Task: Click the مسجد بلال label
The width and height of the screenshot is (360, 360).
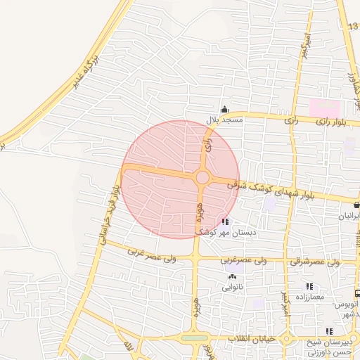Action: coord(224,120)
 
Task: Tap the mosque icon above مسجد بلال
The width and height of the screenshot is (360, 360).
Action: coord(224,109)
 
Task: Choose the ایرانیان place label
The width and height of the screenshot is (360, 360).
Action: coord(349,217)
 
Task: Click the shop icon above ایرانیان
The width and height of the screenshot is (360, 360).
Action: coord(357,205)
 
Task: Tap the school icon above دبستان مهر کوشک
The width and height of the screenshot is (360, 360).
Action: coord(224,221)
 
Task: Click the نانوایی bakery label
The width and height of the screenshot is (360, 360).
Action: coord(232,287)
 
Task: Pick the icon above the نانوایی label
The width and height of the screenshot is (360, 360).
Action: coord(232,276)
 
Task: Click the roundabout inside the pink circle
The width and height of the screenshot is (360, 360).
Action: coord(202,178)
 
